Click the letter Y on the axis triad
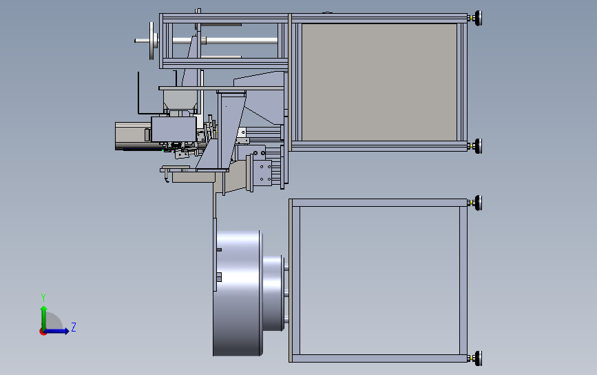coord(43,297)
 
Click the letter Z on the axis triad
coord(74,327)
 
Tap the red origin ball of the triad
coord(43,332)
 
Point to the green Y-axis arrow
coord(43,314)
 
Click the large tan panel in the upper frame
coord(379,81)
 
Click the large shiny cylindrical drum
coord(238,292)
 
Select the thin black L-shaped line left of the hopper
coord(140,97)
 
